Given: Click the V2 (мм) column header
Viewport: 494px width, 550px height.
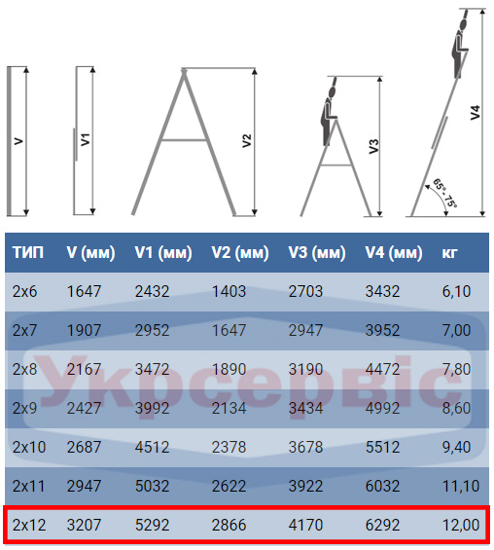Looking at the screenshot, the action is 240,252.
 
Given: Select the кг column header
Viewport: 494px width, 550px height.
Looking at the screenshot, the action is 449,252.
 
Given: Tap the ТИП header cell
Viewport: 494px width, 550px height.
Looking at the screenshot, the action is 28,252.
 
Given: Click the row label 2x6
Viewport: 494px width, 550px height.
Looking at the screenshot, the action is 24,291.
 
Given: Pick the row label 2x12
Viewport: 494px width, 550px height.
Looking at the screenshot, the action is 29,525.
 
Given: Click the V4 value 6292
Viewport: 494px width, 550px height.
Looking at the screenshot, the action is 382,525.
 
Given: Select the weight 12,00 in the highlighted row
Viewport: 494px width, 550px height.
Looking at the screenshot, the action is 461,525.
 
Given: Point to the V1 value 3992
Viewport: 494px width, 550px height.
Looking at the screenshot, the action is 152,408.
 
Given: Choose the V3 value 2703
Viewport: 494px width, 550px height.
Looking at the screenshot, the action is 305,291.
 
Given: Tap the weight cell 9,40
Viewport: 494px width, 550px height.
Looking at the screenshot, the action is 456,447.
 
